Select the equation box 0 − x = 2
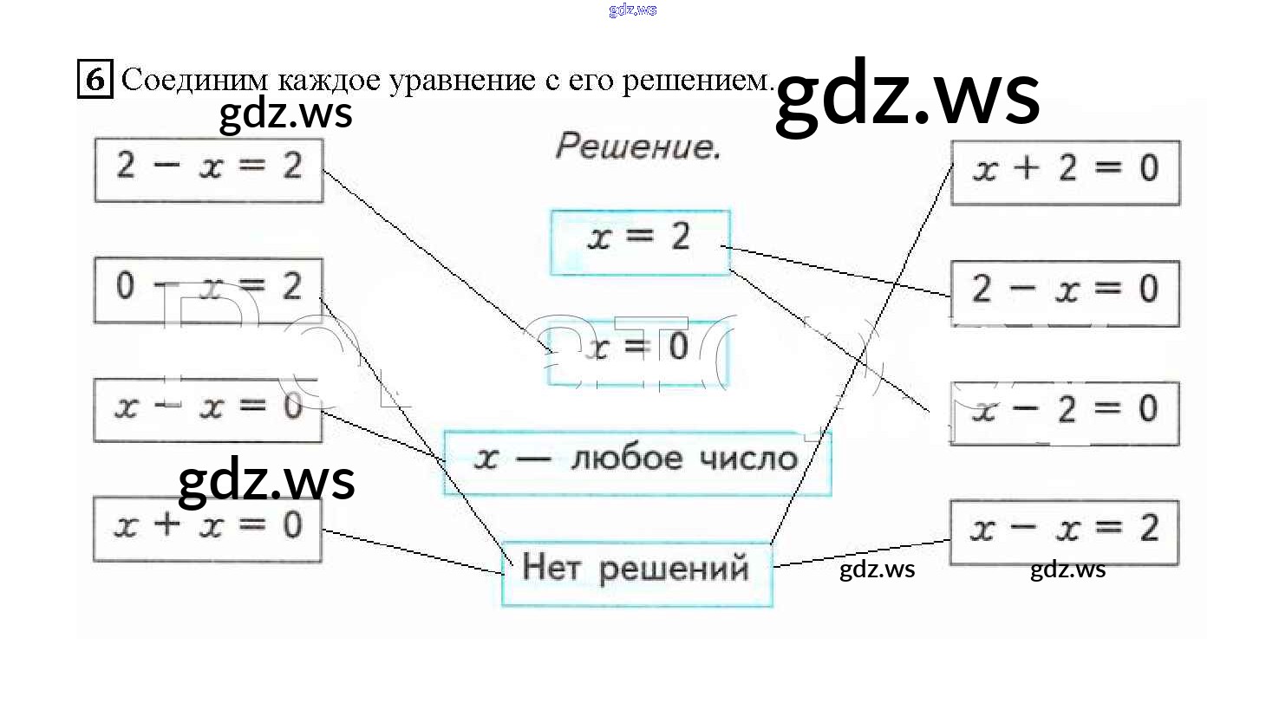(208, 290)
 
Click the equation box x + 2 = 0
(1065, 172)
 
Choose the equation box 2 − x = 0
(1065, 292)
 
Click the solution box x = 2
(640, 242)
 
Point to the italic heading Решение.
(638, 147)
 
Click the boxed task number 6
(95, 80)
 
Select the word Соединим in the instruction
(196, 81)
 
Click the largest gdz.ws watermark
(907, 97)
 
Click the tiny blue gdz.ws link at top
(633, 10)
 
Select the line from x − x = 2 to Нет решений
(862, 553)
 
